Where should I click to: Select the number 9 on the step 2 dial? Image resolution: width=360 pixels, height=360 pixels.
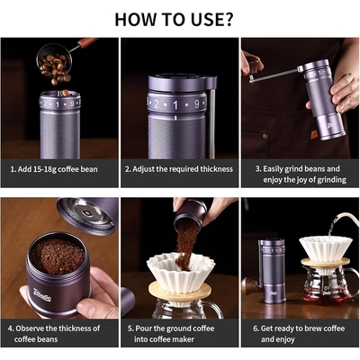197,104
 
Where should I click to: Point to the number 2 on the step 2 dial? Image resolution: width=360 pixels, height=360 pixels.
157,104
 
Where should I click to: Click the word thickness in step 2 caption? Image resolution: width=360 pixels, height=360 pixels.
216,169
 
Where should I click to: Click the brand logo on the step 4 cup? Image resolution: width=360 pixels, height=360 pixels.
42,294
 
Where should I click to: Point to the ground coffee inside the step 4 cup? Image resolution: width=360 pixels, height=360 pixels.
57,256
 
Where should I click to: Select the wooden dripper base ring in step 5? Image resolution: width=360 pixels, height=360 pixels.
180,291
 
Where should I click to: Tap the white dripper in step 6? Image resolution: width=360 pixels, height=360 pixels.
325,249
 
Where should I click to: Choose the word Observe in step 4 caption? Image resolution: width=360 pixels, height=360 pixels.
30,328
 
